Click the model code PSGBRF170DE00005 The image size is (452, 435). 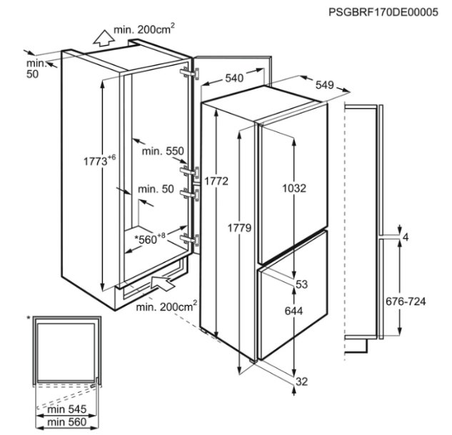click(383, 12)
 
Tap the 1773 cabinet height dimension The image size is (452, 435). click(99, 160)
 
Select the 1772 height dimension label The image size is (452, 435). click(216, 181)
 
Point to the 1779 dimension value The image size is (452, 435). click(239, 228)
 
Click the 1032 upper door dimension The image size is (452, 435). click(294, 189)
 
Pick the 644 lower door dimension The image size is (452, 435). click(293, 311)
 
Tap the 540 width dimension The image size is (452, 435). click(234, 78)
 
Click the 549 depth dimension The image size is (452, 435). click(325, 85)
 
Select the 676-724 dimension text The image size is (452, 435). click(406, 301)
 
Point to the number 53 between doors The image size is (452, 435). click(301, 284)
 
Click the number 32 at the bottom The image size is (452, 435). click(301, 381)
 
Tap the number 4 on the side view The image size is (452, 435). click(406, 238)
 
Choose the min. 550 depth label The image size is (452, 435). click(163, 151)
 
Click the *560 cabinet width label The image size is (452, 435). click(150, 239)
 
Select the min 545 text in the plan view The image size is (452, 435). click(67, 409)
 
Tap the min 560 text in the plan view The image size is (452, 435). click(67, 422)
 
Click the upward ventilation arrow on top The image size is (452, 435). click(104, 38)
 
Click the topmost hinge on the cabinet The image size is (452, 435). click(189, 74)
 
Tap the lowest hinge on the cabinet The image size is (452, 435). click(189, 240)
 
